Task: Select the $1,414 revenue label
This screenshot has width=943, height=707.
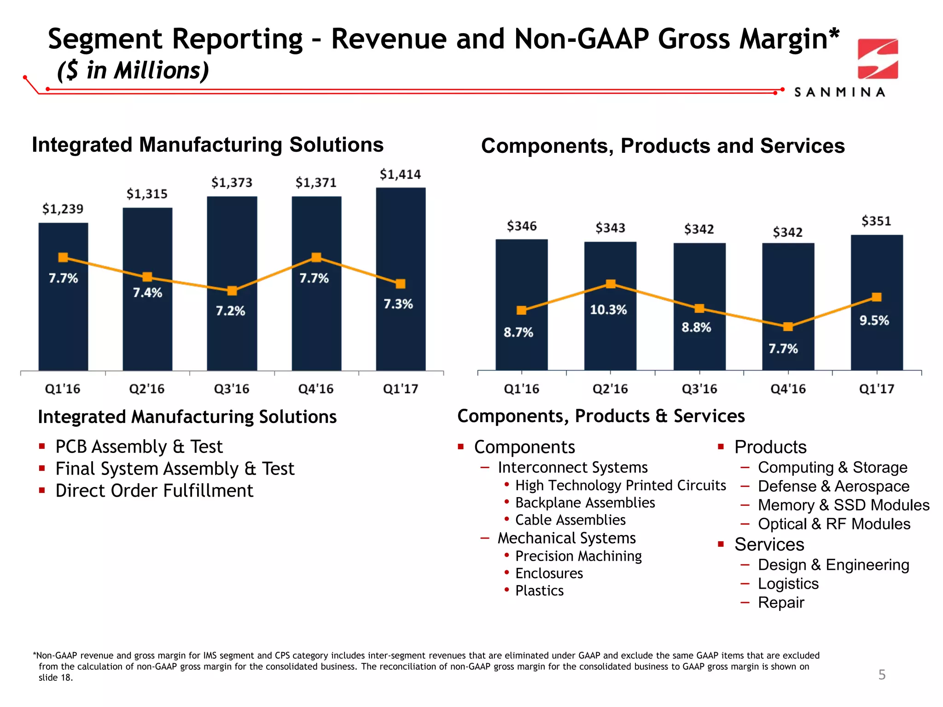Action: coord(400,174)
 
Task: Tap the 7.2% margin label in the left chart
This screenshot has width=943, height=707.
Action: coord(231,311)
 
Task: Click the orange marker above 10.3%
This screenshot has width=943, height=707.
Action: coord(611,284)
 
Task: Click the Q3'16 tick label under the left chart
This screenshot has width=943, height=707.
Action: coord(232,389)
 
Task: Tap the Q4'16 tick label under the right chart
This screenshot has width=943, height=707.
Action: coord(788,389)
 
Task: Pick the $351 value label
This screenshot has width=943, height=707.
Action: coord(876,221)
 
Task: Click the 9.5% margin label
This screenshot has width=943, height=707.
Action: coord(874,320)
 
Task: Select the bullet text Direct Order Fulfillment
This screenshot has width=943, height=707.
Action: coord(154,491)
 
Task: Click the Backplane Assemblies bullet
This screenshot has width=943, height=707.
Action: coord(585,503)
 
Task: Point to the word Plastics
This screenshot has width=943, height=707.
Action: coord(539,591)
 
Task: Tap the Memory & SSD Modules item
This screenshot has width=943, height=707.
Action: coord(844,505)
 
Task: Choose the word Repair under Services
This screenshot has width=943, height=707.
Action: coord(781,603)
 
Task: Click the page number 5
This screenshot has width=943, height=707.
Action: coord(882,675)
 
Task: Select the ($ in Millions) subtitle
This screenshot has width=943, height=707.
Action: coord(133,70)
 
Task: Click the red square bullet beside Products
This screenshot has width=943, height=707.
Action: coord(721,446)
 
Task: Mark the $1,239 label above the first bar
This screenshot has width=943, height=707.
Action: coord(63,209)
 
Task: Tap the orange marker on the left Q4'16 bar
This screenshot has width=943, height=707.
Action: coord(316,257)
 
